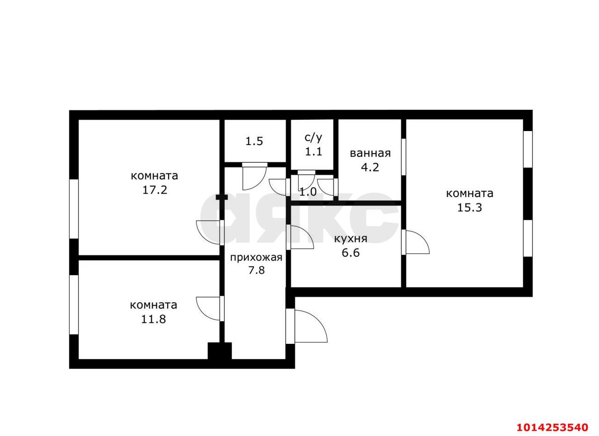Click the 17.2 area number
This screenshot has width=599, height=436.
155,190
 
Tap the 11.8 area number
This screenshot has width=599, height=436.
153,320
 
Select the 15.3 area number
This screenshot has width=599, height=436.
469,208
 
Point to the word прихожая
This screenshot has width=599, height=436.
256,257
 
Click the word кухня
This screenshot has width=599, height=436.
351,239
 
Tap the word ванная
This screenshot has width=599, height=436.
370,153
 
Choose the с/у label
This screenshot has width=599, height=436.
314,138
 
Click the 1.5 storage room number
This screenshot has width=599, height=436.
254,141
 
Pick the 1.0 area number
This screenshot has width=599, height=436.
308,192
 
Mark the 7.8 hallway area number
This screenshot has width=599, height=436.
256,270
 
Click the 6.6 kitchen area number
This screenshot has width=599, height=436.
351,253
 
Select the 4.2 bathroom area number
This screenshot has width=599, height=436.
370,167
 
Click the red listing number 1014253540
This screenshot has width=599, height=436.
552,427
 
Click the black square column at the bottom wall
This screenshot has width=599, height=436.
219,351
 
